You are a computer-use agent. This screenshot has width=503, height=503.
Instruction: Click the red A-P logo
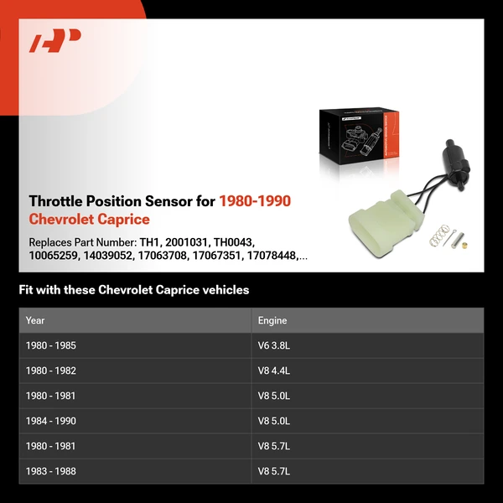point(55,40)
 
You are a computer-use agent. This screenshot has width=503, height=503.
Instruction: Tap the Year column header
point(35,320)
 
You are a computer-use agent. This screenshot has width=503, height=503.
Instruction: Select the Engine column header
point(272,320)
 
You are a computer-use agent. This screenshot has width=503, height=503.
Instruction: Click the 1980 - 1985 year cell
point(51,345)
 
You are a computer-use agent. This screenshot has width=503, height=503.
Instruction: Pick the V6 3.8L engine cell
point(274,345)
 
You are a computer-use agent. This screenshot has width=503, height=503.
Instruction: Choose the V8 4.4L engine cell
point(274,371)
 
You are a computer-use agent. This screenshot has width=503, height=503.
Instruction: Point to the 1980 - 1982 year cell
point(51,371)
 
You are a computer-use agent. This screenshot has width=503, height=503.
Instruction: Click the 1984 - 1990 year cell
point(51,421)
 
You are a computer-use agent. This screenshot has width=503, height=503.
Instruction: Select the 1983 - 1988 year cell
point(51,471)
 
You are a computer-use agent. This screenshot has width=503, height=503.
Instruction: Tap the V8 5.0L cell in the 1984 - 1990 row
point(274,421)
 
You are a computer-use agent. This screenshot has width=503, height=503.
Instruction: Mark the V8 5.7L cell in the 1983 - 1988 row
point(274,471)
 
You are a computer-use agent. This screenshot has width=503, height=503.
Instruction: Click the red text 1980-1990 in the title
point(255,201)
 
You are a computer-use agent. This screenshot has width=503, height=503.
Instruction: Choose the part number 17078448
point(271,255)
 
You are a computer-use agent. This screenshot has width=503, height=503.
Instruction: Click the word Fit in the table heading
point(27,290)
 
